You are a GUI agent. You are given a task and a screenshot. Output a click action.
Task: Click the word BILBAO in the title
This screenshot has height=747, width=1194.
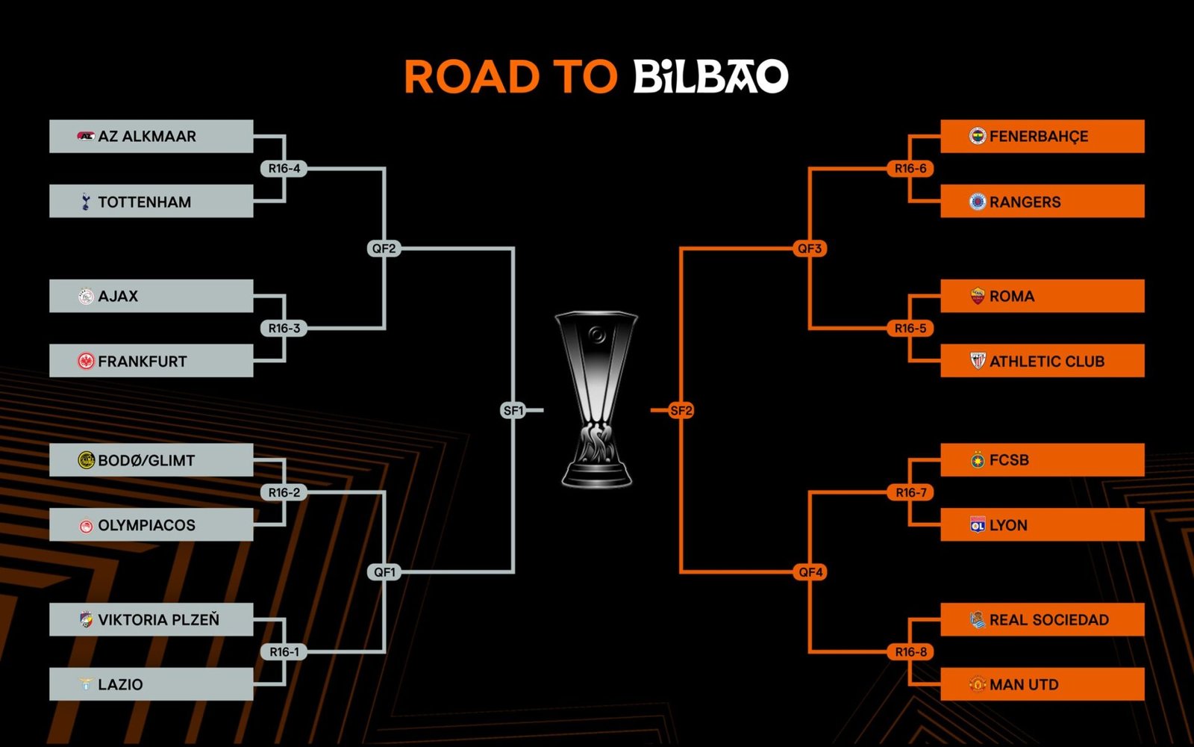[710, 76]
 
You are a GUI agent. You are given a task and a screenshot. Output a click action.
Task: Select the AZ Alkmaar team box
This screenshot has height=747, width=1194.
[151, 136]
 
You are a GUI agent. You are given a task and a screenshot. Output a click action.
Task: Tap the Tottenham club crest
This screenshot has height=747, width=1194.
[86, 202]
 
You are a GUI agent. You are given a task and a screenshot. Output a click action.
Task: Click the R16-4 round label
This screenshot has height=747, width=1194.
[284, 169]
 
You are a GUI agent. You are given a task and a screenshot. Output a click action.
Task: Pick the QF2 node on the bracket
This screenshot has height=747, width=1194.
[384, 249]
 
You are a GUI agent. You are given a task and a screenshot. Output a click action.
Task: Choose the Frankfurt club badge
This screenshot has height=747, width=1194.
[86, 362]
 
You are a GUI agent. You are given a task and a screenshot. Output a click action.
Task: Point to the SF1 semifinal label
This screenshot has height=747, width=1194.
[513, 410]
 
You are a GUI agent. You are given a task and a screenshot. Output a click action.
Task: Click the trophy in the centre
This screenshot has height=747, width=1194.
[597, 400]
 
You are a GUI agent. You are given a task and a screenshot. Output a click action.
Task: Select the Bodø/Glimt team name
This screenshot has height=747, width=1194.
[146, 461]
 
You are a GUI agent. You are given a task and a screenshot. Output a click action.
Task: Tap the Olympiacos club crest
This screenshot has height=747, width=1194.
[86, 526]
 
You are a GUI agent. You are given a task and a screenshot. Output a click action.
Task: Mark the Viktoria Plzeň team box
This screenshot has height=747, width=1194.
[151, 619]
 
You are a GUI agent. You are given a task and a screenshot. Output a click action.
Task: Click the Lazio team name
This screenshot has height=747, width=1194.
[120, 684]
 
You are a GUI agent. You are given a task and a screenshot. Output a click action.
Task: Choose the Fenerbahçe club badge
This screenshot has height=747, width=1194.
[978, 136]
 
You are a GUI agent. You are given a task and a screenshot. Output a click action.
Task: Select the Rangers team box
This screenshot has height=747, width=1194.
[1043, 201]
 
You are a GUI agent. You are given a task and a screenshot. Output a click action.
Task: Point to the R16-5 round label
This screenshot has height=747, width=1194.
[910, 329]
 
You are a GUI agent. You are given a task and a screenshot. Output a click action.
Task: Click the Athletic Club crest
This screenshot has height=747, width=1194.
[978, 361]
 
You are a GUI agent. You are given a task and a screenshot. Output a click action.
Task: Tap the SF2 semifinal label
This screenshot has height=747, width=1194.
[681, 410]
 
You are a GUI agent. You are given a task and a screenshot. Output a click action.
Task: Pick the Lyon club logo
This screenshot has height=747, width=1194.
[978, 525]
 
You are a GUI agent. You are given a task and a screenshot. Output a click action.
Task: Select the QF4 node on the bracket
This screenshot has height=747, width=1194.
[810, 572]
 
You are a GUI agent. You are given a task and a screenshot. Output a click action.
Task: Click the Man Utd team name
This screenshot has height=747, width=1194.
[1024, 684]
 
